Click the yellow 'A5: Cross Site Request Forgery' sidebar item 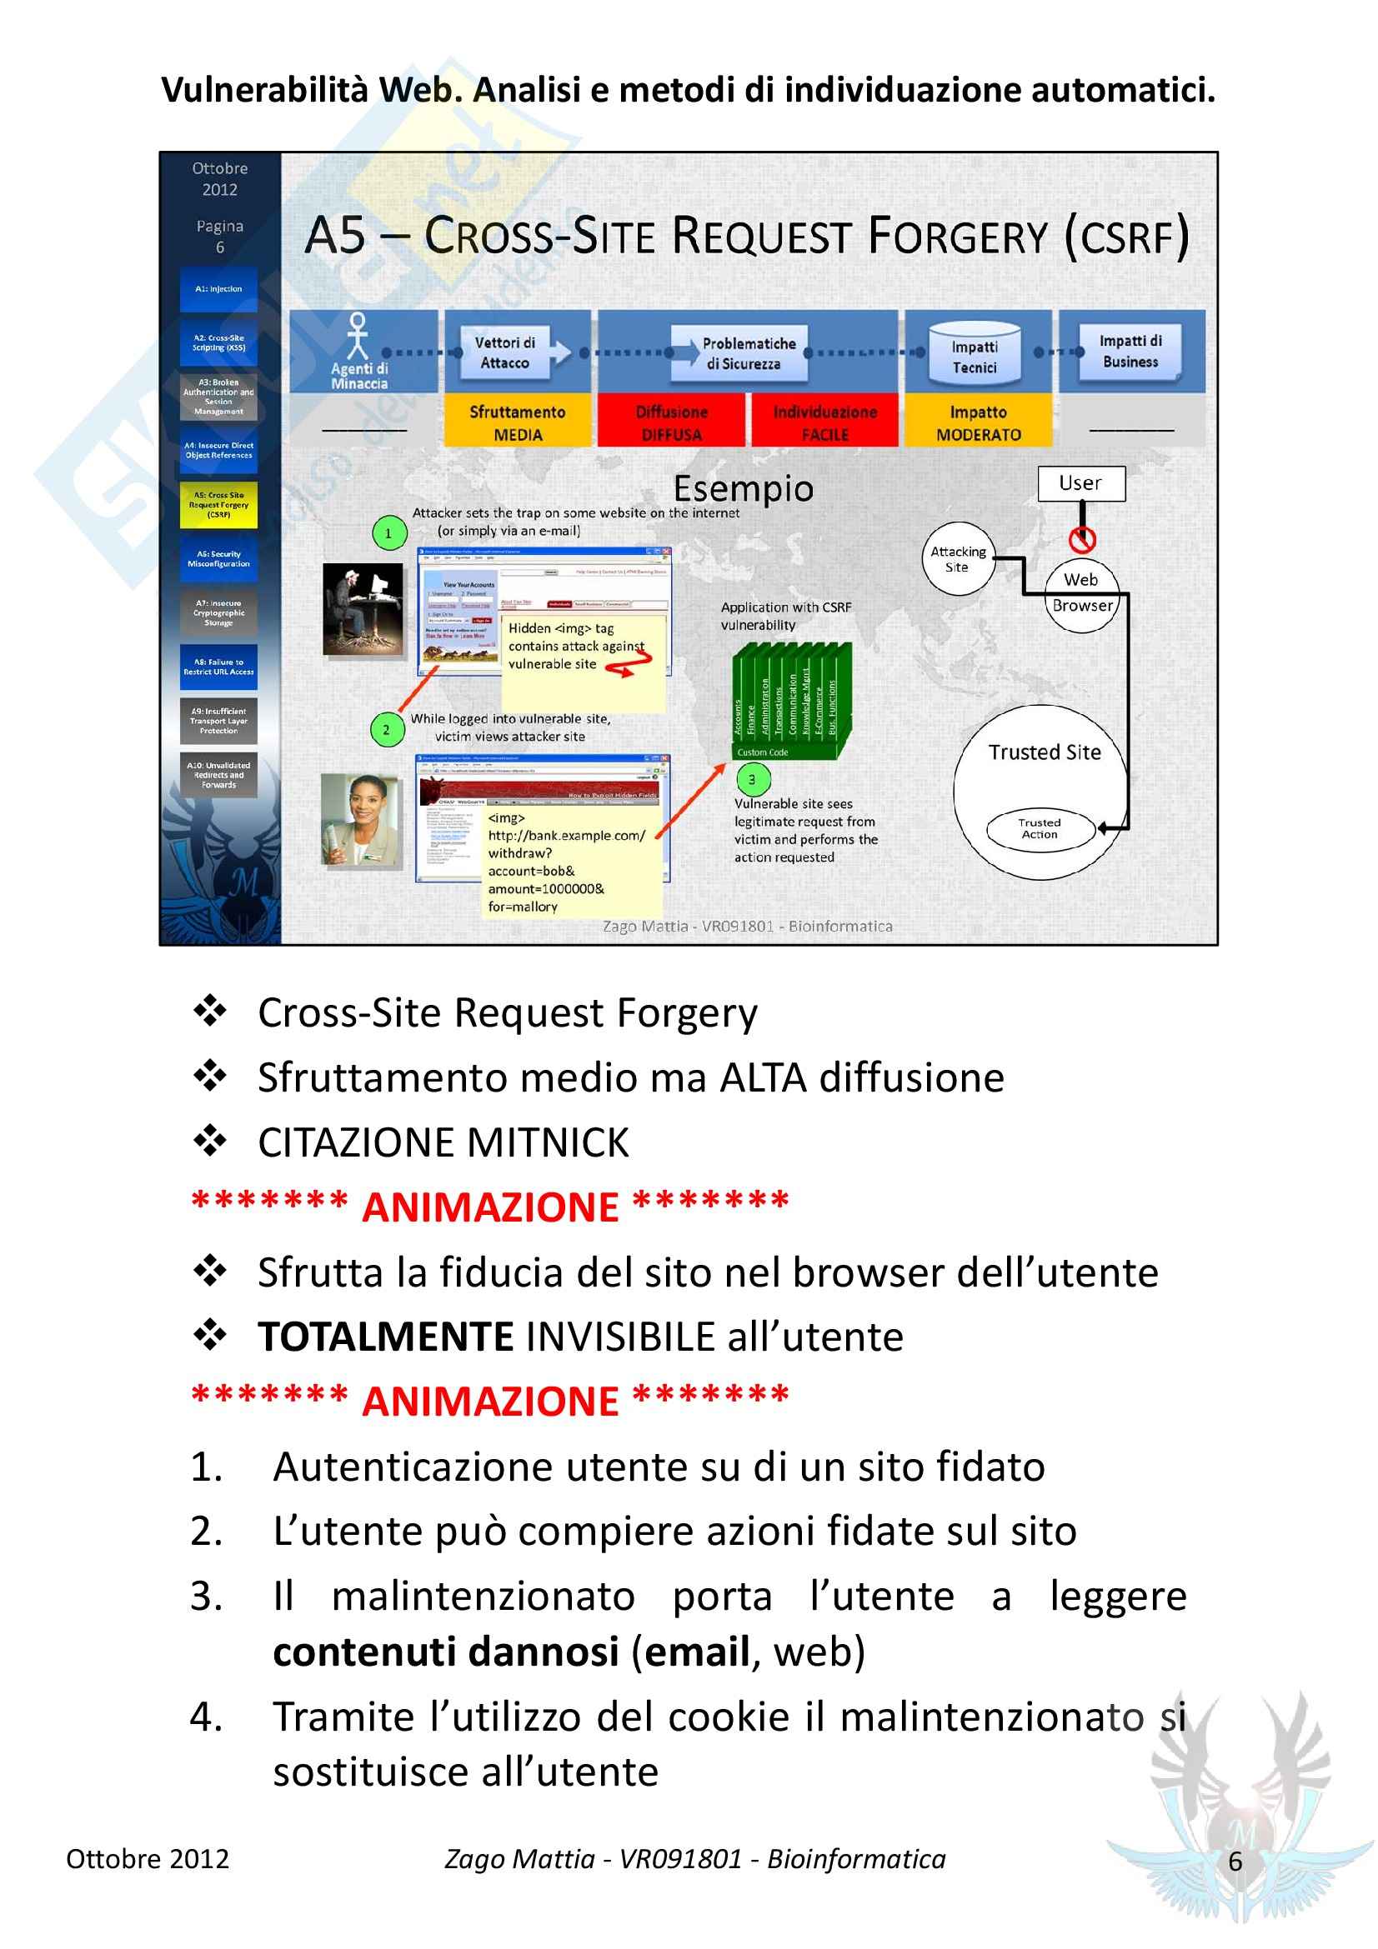coord(218,504)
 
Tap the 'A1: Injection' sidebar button coord(218,289)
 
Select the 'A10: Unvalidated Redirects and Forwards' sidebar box coord(218,774)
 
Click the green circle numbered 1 coord(388,533)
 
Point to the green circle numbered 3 coord(751,778)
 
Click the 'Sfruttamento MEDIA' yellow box coord(517,422)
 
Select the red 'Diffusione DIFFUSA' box coord(671,422)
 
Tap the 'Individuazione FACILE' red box coord(824,422)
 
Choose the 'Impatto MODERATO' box coord(978,422)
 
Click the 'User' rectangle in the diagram coord(1081,483)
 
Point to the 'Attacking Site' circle coord(958,558)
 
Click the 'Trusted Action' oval coord(1040,827)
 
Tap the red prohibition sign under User coord(1082,538)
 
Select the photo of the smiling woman coord(361,820)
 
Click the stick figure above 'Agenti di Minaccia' coord(358,336)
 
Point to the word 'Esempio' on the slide coord(743,488)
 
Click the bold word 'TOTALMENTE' coord(385,1336)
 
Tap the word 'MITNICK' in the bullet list coord(548,1142)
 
